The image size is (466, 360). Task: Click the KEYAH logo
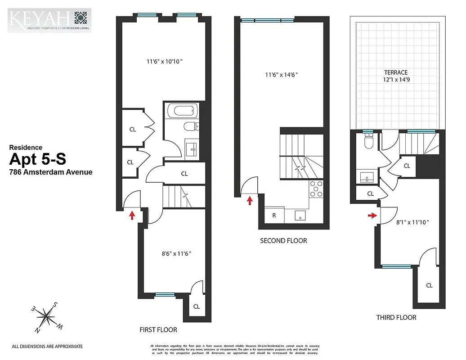[49, 20]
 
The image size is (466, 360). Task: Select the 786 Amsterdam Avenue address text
[51, 171]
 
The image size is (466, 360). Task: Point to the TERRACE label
[395, 72]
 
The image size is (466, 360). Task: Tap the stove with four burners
[316, 189]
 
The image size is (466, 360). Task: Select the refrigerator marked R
[274, 215]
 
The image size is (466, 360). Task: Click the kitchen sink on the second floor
[300, 215]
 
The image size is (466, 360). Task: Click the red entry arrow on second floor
[250, 200]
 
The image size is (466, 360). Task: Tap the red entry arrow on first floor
[132, 215]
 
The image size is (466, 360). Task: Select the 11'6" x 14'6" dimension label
[281, 75]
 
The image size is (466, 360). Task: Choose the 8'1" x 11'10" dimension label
[412, 222]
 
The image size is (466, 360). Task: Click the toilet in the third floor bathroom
[368, 142]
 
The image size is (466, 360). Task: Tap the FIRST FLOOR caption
[158, 330]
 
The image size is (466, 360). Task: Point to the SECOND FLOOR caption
[283, 241]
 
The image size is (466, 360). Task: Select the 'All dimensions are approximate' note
[47, 346]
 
